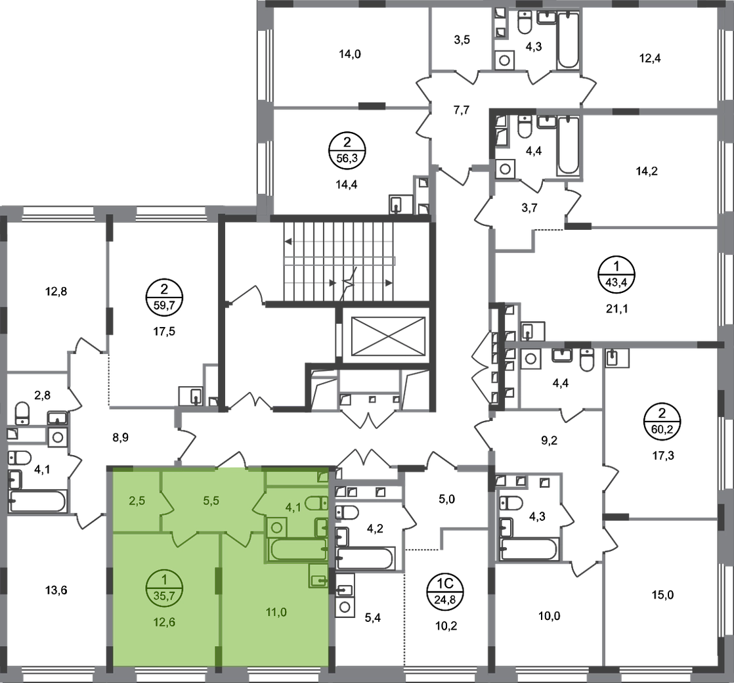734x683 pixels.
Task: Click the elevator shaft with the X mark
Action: pyautogui.click(x=387, y=336)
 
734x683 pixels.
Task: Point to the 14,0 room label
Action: pyautogui.click(x=350, y=55)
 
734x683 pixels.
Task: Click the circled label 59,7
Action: pyautogui.click(x=164, y=297)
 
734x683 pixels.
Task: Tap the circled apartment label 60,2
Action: pyautogui.click(x=662, y=422)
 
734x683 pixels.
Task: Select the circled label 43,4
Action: pyautogui.click(x=616, y=275)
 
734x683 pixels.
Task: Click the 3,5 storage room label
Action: pyautogui.click(x=462, y=40)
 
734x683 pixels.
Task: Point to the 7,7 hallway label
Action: pyautogui.click(x=462, y=110)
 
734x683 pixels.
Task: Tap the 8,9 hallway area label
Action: pyautogui.click(x=120, y=437)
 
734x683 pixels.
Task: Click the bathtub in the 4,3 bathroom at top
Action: pyautogui.click(x=569, y=40)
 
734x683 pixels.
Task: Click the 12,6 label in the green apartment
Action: pyautogui.click(x=164, y=622)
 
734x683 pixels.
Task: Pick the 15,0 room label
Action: pyautogui.click(x=662, y=595)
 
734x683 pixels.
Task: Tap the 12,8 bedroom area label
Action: pyautogui.click(x=56, y=292)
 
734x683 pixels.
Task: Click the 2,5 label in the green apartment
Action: pyautogui.click(x=137, y=500)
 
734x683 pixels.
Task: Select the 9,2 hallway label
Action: pyautogui.click(x=549, y=441)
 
